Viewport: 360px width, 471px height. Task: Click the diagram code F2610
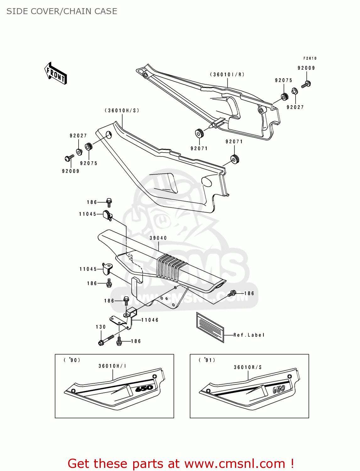tap(310, 58)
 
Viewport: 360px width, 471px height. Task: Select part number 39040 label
tap(158, 238)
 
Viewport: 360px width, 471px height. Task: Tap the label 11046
tap(150, 320)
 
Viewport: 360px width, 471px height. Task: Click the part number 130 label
tap(101, 327)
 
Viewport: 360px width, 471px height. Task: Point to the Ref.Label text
tap(249, 335)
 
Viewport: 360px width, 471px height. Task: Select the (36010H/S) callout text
tap(122, 111)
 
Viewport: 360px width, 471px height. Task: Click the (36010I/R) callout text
tap(227, 75)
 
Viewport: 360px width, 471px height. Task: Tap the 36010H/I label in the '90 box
tap(112, 366)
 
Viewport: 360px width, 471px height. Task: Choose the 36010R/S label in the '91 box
tap(248, 367)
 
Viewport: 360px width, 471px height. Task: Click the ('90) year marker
tap(72, 360)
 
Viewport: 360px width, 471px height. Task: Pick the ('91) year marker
tap(207, 360)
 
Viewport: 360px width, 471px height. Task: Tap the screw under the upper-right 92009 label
tap(306, 84)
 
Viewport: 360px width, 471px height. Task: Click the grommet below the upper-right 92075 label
tap(284, 97)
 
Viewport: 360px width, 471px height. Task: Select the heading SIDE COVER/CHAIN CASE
tap(62, 11)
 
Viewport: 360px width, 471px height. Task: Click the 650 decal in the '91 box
tap(279, 389)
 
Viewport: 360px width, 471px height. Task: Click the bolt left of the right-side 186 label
tap(232, 293)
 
